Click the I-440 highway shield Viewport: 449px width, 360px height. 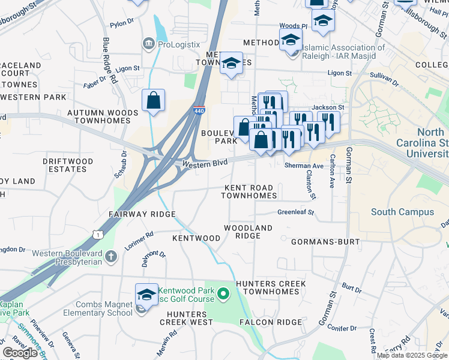click(x=199, y=110)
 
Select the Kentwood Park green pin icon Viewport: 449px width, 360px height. click(x=223, y=294)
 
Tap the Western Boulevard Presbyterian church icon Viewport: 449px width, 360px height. click(x=110, y=257)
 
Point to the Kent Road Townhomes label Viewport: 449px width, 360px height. click(x=250, y=191)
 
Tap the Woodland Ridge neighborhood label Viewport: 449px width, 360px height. click(x=248, y=232)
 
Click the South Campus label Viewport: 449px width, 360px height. click(x=402, y=212)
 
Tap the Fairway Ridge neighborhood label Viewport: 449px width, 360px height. click(x=142, y=214)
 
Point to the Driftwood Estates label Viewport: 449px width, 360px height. click(x=68, y=165)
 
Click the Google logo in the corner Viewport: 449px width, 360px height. click(x=20, y=353)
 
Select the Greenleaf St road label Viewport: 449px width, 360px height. click(x=296, y=212)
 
